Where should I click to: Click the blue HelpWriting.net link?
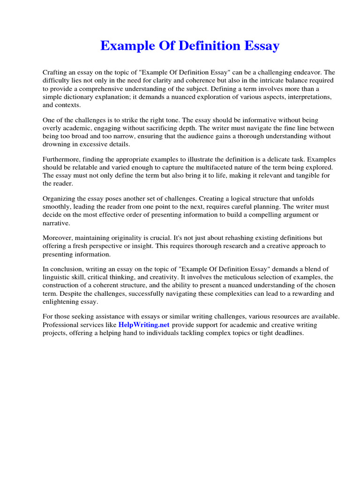143,325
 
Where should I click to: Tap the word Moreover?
58,238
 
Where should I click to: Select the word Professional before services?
60,325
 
